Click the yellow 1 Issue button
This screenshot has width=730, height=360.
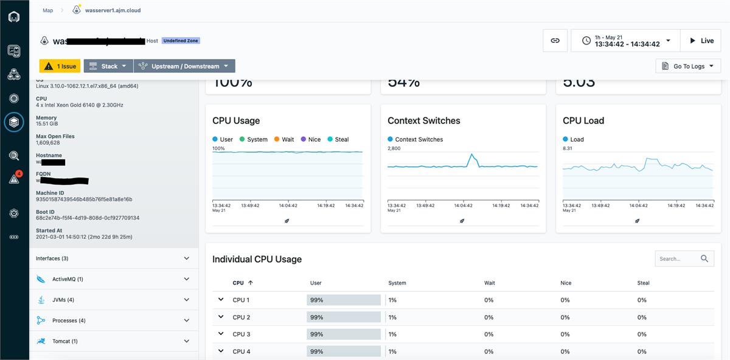tap(60, 66)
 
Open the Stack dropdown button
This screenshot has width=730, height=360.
tap(108, 66)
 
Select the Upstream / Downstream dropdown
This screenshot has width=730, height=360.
tap(184, 66)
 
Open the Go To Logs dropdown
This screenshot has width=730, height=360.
tap(688, 66)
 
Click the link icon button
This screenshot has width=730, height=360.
tap(555, 41)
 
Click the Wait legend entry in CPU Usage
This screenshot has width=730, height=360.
tap(283, 139)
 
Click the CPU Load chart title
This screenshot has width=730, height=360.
tap(583, 120)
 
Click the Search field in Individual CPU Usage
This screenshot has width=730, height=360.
tap(678, 258)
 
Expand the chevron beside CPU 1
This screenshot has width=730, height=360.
tap(220, 299)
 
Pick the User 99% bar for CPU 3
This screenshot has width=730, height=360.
tap(344, 334)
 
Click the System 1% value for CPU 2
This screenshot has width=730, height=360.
tap(392, 317)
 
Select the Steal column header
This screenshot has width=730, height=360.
tap(643, 283)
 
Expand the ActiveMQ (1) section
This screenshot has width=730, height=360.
tap(114, 279)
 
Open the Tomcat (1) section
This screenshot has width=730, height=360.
tap(114, 341)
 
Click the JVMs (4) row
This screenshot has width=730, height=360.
tap(114, 300)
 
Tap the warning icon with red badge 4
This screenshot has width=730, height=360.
tap(14, 179)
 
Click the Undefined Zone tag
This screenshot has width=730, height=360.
tap(181, 41)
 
